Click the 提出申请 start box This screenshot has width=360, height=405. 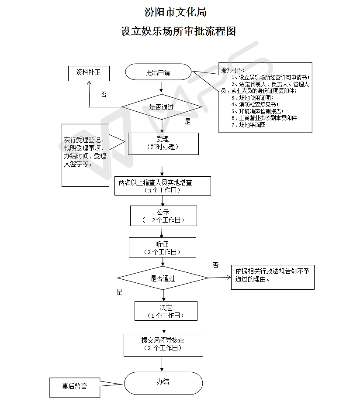(x=158, y=72)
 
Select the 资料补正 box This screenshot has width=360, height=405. (x=89, y=73)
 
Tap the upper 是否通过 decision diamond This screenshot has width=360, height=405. (x=162, y=106)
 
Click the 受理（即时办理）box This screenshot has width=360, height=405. (x=163, y=144)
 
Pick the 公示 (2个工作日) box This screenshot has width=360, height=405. (x=163, y=216)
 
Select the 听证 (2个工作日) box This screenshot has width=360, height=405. (x=163, y=247)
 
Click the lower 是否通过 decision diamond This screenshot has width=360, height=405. (x=163, y=278)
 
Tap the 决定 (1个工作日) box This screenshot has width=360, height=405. (x=166, y=311)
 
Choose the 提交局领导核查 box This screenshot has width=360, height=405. (x=163, y=345)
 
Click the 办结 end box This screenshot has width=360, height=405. (x=163, y=383)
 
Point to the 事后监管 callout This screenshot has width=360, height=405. (x=75, y=388)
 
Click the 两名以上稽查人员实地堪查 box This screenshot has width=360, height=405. (x=163, y=186)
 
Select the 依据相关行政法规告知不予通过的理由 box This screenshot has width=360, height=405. (x=273, y=277)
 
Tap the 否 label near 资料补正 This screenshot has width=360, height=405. (x=104, y=95)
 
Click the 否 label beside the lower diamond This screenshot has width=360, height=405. (x=215, y=265)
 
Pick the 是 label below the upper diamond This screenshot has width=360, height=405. (x=187, y=121)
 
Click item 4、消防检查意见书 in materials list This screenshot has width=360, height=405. (x=255, y=104)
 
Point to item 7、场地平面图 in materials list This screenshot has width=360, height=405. (x=249, y=125)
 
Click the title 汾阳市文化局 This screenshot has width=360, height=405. (x=175, y=12)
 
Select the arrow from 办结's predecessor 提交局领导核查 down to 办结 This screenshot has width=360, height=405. (x=162, y=364)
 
